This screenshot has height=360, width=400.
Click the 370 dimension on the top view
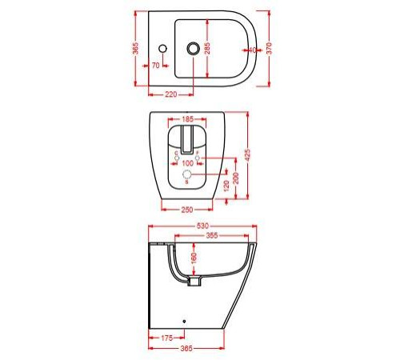(274, 50)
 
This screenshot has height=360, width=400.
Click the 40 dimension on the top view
(252, 50)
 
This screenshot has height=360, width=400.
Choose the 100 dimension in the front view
(189, 163)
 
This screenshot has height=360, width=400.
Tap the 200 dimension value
(236, 177)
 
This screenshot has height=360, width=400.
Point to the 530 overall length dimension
(202, 226)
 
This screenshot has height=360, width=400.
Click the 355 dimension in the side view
(212, 236)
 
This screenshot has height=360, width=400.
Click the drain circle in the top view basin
(192, 50)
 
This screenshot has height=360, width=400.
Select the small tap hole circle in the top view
(162, 50)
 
